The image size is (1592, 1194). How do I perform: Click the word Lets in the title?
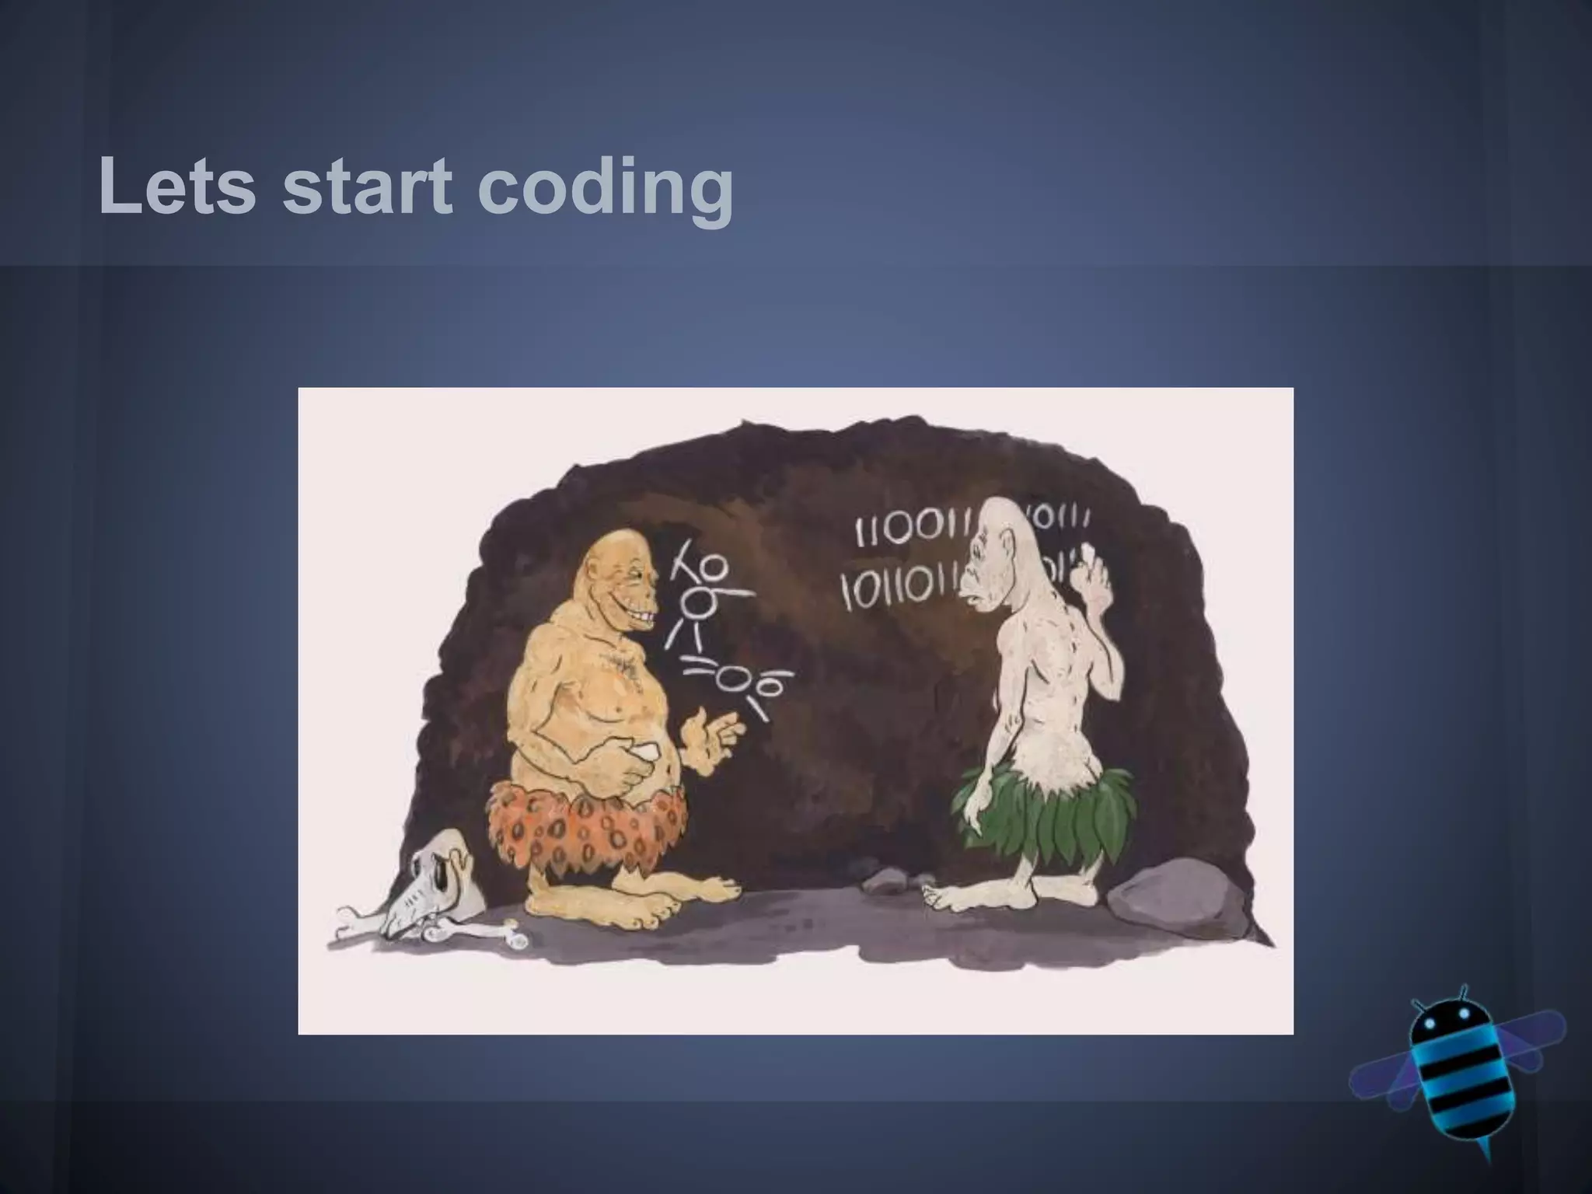pyautogui.click(x=177, y=187)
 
